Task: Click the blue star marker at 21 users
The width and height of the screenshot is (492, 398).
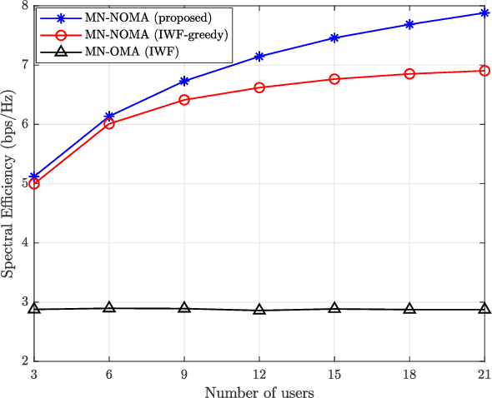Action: (x=484, y=12)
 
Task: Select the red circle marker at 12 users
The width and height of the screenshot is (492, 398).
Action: (x=259, y=87)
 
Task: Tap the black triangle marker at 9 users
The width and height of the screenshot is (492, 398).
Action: (x=184, y=308)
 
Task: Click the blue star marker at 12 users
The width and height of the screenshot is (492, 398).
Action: (x=259, y=57)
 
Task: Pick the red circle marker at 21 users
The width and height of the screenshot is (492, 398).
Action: (x=484, y=71)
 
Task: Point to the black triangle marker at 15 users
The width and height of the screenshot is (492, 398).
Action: (x=334, y=308)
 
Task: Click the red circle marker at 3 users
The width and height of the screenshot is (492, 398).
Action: (x=34, y=183)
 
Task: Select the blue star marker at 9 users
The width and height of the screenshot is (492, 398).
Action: (x=184, y=81)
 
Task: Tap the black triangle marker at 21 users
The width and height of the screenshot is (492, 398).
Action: (x=484, y=309)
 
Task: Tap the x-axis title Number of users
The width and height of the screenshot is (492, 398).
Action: (x=259, y=390)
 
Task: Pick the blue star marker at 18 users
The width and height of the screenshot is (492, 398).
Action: (x=409, y=24)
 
